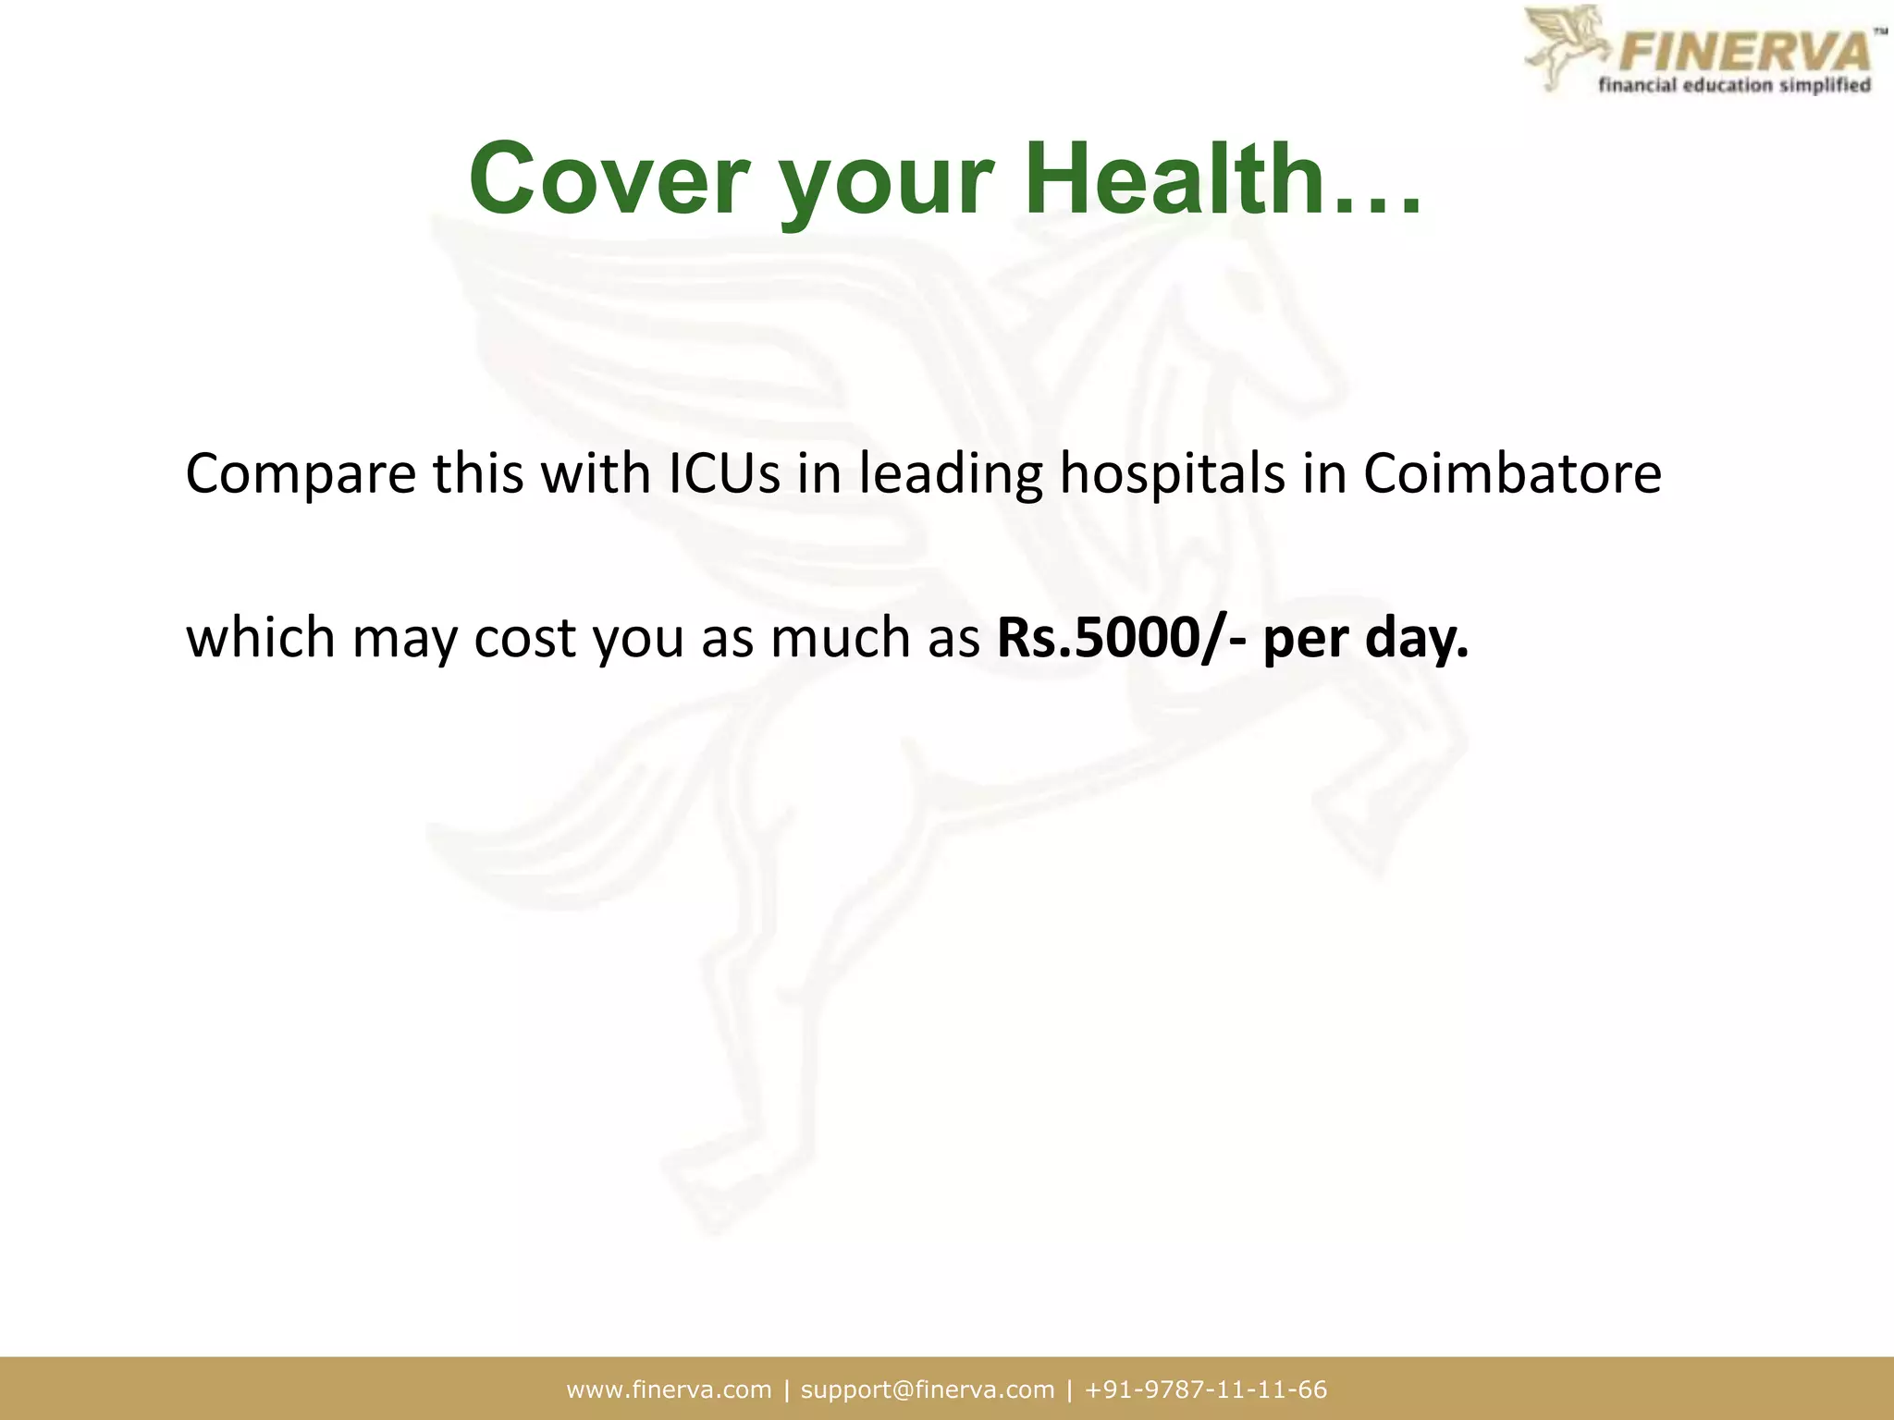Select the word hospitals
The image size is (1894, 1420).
(1172, 475)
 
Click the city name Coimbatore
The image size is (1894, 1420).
(1512, 473)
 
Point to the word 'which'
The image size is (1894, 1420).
(261, 638)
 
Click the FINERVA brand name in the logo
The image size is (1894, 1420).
(1744, 50)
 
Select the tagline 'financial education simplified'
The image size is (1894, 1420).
(1735, 86)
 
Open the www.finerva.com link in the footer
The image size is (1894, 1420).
(669, 1389)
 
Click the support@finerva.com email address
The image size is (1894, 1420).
(928, 1389)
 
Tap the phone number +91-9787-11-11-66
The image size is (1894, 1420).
(1206, 1389)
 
